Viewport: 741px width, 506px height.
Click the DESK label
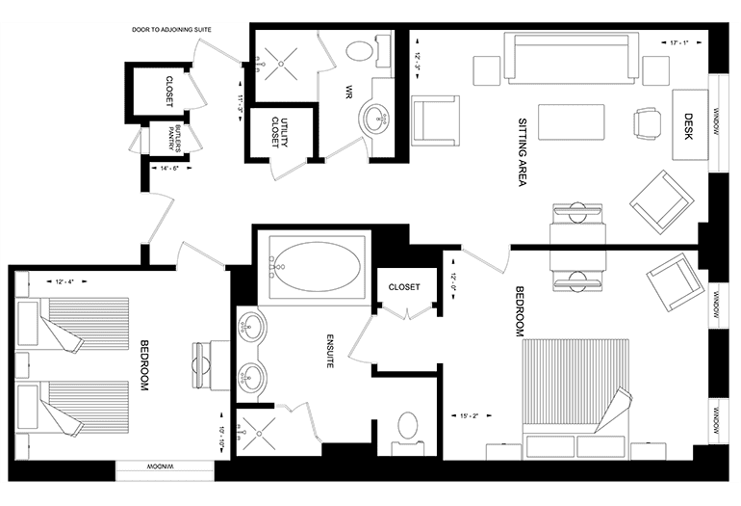[688, 126]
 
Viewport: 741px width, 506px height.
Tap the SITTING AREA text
[523, 152]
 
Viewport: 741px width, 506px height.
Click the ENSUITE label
[331, 351]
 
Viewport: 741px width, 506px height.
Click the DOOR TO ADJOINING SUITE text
[171, 29]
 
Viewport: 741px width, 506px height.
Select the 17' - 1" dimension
[679, 42]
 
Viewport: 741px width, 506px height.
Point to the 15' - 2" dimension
[470, 416]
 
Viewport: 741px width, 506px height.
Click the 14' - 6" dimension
[169, 168]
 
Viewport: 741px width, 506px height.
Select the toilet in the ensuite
[408, 433]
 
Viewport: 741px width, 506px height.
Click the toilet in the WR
[368, 51]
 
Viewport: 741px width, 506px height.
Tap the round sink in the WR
[376, 119]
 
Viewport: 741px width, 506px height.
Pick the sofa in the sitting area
[572, 58]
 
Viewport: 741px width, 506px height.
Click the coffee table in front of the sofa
[572, 122]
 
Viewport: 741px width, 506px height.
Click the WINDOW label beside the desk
[716, 122]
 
